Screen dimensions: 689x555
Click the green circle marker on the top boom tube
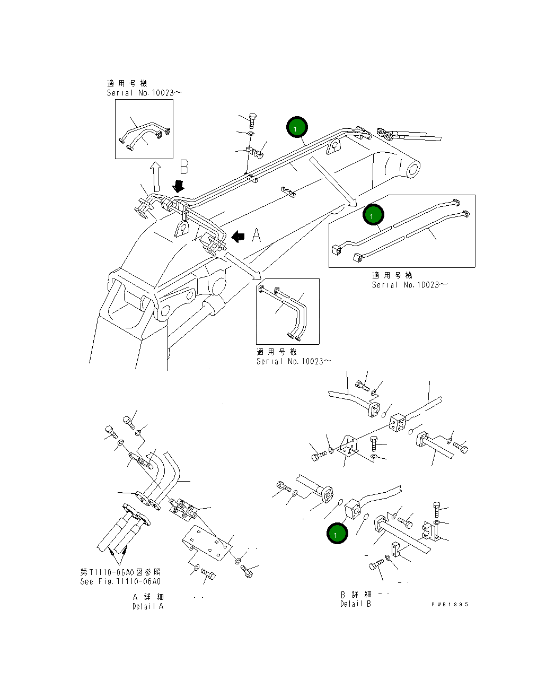297,127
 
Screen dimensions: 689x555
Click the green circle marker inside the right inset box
373,215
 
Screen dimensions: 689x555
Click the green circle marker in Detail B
337,534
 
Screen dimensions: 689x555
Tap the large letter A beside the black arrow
256,235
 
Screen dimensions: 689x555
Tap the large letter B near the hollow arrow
184,167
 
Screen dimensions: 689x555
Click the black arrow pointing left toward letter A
239,236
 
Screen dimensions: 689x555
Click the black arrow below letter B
179,186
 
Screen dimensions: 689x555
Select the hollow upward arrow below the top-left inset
155,177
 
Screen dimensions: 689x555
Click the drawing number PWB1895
450,604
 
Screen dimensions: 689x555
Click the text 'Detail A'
148,606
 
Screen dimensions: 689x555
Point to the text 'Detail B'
355,604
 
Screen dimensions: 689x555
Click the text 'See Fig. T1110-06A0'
120,581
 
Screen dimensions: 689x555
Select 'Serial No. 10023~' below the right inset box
409,285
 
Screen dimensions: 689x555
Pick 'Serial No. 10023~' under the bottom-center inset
294,361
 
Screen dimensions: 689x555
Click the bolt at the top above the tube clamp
252,119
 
